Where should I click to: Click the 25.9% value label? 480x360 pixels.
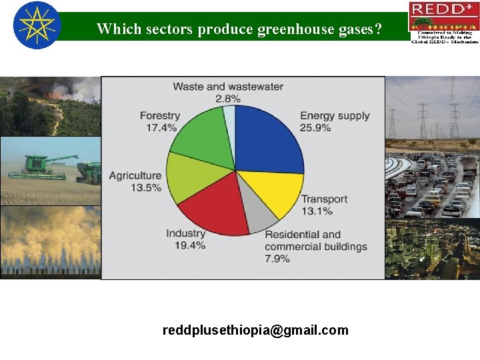coord(315,128)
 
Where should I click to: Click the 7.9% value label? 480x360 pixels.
coord(279,259)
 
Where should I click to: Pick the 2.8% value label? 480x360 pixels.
coord(227,99)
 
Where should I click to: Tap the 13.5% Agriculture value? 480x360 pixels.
coord(146,187)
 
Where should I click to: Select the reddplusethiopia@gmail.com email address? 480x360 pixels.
coord(255,330)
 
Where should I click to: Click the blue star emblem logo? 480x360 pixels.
coord(37,25)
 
